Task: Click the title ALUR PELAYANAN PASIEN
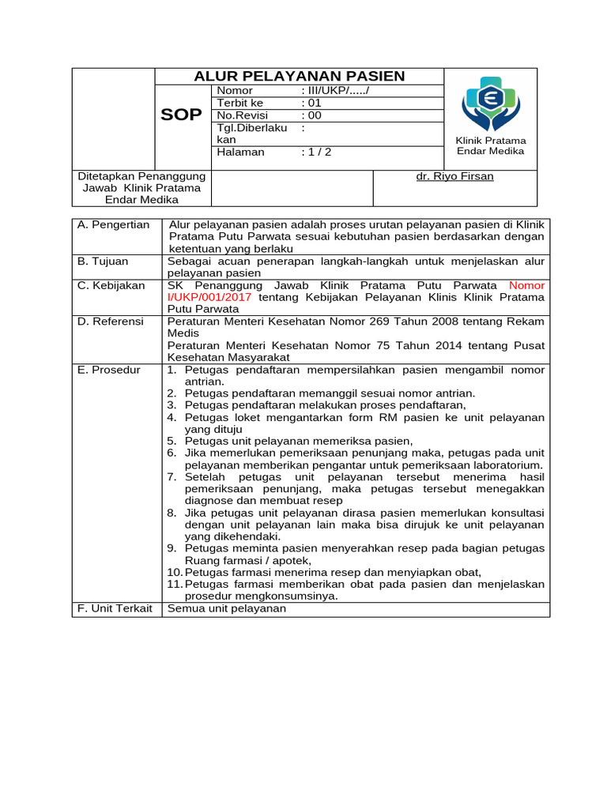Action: [x=300, y=76]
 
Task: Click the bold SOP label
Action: [x=181, y=115]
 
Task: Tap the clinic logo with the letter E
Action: [x=490, y=103]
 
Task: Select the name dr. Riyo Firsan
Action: [x=454, y=176]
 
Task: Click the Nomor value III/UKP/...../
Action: [x=335, y=91]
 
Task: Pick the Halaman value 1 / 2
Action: [x=316, y=152]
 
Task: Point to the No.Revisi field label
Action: [x=243, y=115]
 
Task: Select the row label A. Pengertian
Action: [x=114, y=225]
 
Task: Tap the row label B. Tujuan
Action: [x=104, y=262]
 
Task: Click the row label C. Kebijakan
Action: [x=111, y=285]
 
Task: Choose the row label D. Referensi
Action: [x=111, y=322]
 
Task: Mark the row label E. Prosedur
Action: [x=109, y=370]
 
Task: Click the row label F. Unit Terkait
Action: [x=115, y=608]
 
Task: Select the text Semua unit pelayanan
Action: [x=227, y=608]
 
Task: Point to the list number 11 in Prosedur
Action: [x=174, y=584]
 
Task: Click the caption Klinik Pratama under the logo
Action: [x=491, y=140]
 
